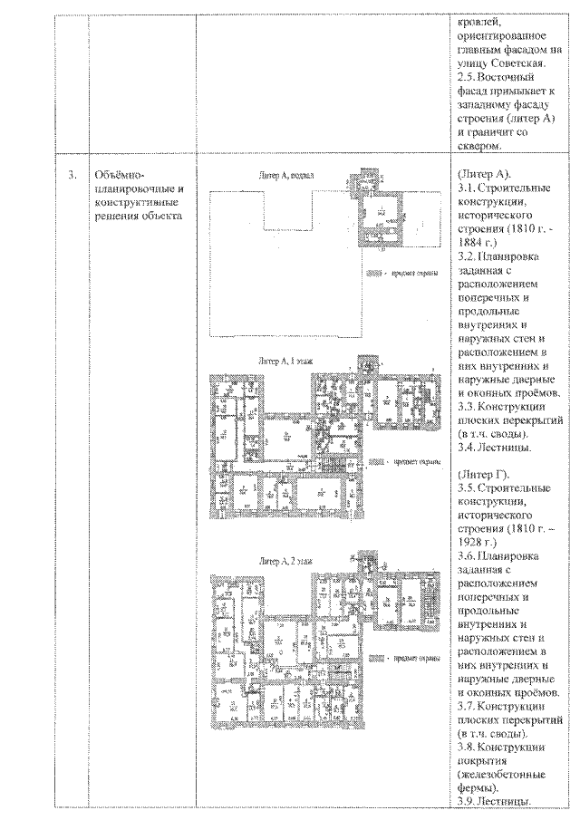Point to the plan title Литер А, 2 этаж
tap(285, 562)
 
